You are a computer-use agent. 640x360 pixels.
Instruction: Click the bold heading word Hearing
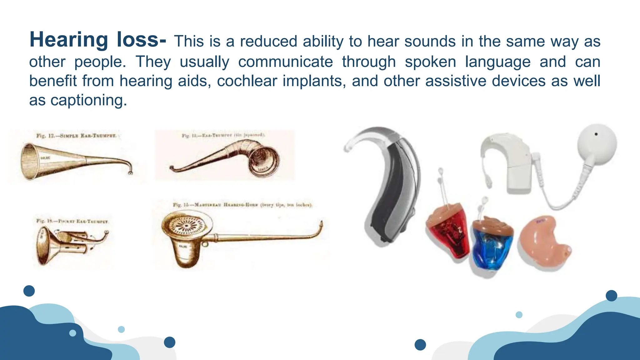(69, 40)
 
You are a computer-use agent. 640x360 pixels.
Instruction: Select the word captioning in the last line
(88, 101)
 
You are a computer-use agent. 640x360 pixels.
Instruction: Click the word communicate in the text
(285, 62)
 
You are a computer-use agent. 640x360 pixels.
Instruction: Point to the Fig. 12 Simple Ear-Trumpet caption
(76, 136)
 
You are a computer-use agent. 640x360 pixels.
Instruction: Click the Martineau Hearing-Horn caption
(242, 205)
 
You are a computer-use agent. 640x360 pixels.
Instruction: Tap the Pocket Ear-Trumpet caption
(72, 221)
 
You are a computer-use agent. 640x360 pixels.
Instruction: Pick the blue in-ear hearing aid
(492, 245)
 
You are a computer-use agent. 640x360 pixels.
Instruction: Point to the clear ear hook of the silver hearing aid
(362, 137)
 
